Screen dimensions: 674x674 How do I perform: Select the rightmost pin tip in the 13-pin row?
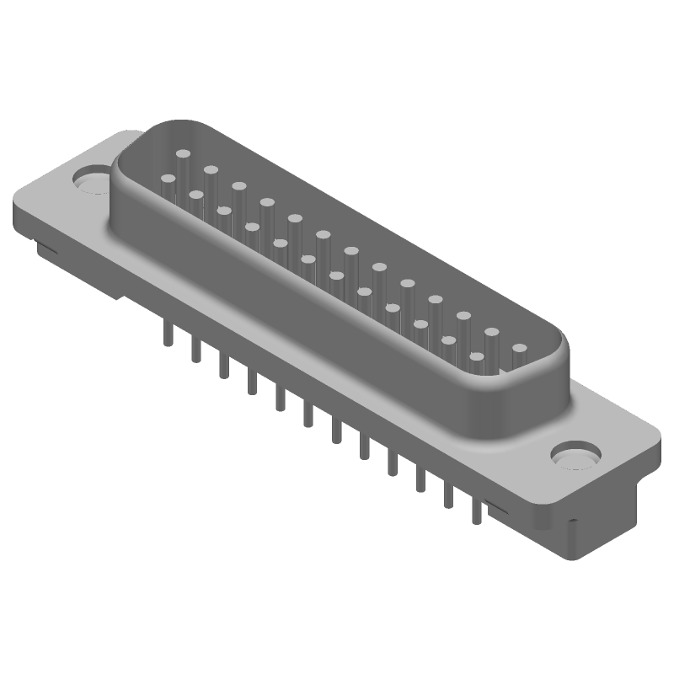(x=519, y=347)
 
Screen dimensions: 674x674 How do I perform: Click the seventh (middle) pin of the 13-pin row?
(x=351, y=251)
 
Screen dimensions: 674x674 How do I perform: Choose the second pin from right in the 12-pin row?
(x=448, y=340)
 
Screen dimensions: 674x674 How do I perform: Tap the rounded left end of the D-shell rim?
(x=126, y=168)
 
